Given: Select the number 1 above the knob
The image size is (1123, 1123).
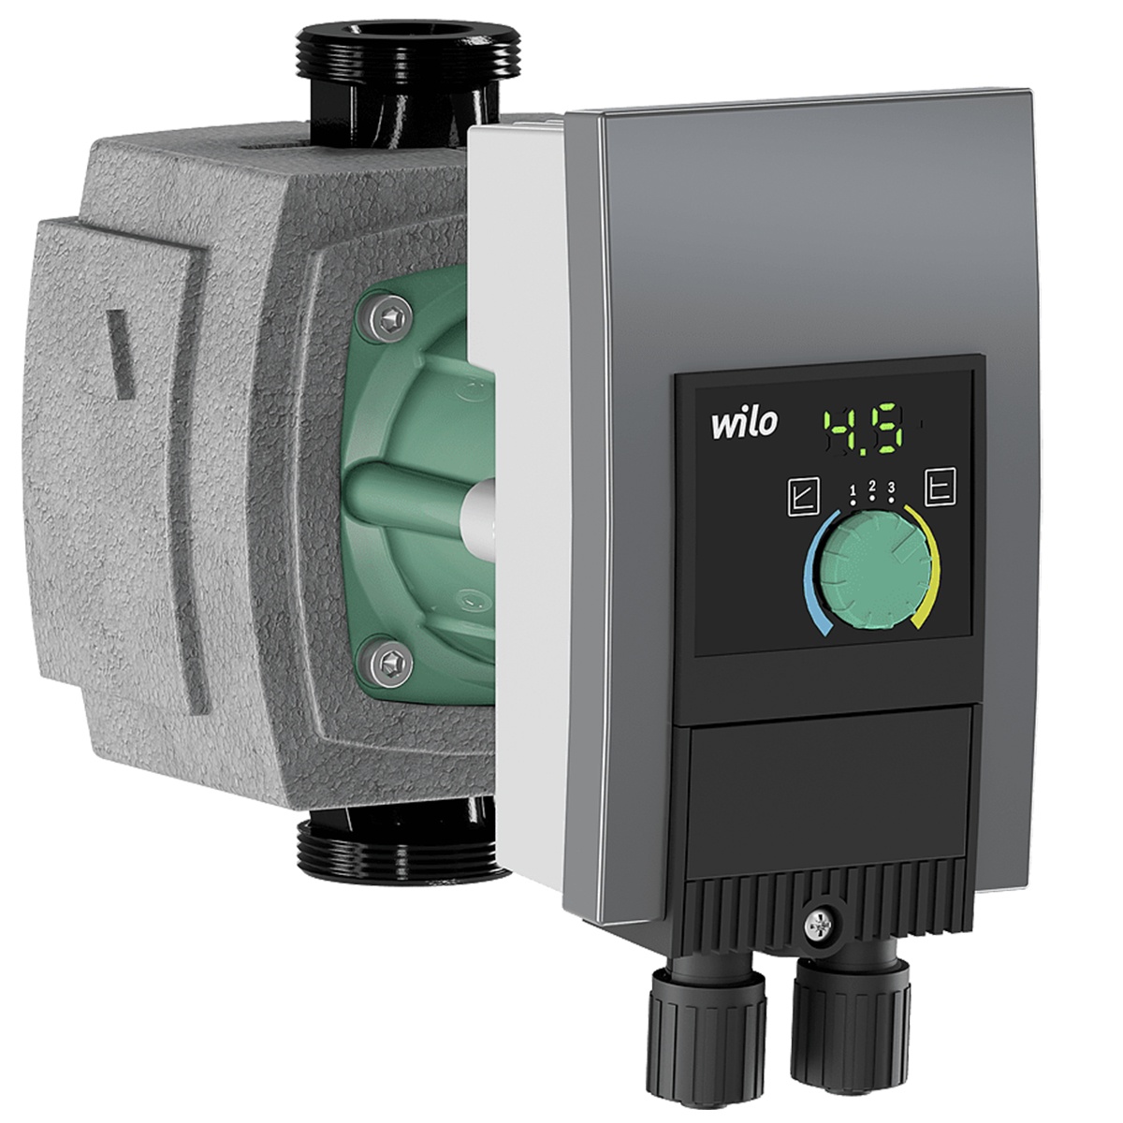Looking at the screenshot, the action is click(853, 489).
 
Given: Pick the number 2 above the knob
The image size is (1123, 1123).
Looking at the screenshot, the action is click(872, 485).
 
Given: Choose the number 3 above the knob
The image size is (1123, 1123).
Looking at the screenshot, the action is click(892, 488).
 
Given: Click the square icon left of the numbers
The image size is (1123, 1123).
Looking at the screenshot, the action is click(804, 497).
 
